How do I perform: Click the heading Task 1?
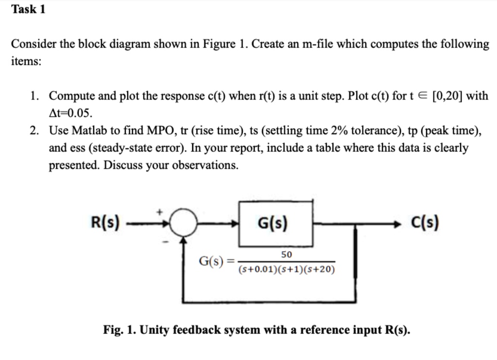coord(28,9)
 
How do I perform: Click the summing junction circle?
coord(183,224)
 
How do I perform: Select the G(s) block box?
coord(275,223)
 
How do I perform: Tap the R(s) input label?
coord(105,223)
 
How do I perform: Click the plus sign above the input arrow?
coord(159,212)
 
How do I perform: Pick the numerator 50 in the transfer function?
coord(286,255)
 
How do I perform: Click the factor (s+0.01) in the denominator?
coord(256,269)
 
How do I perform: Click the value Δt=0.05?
coord(70,113)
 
